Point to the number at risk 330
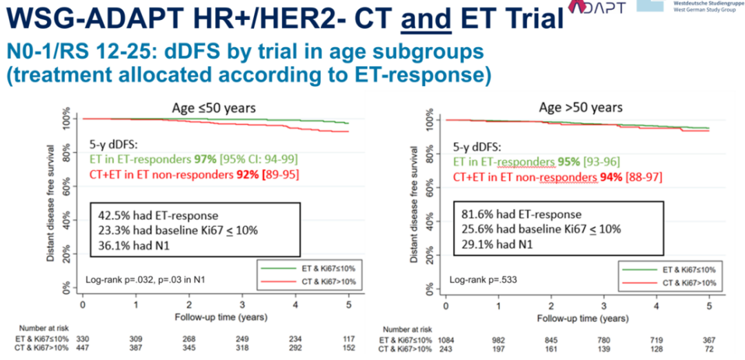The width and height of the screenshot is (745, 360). pos(83,340)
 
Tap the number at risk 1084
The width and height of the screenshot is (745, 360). pos(446,340)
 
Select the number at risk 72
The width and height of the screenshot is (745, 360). pos(708,350)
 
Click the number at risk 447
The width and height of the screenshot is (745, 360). pos(83,350)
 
